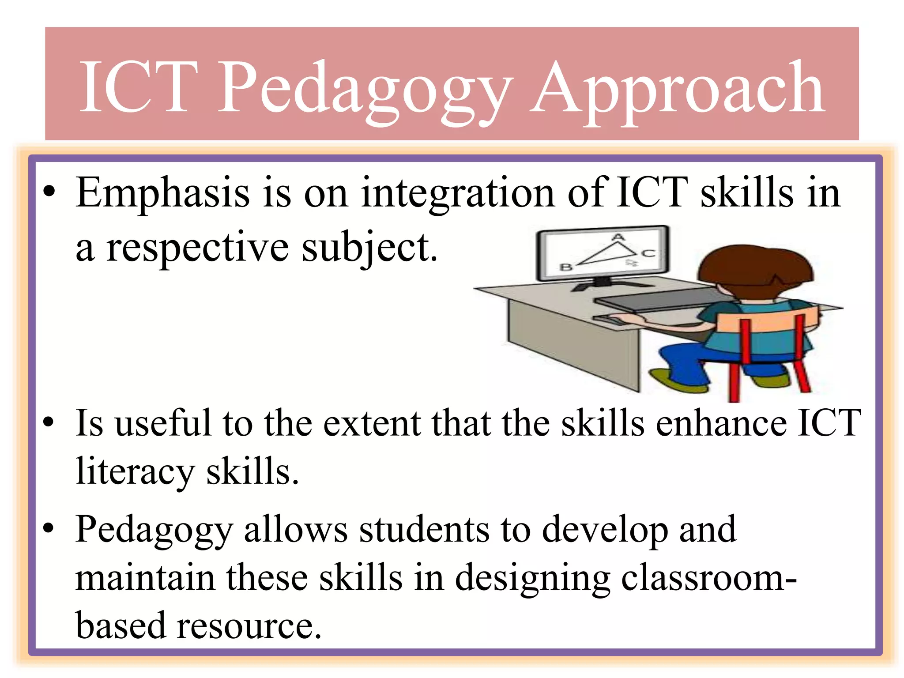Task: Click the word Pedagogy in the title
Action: [x=365, y=88]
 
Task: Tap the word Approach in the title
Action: [x=677, y=88]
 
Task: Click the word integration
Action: [x=457, y=193]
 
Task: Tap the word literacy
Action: [x=135, y=471]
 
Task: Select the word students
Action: [x=424, y=530]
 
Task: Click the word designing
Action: [x=532, y=578]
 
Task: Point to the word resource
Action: [x=249, y=626]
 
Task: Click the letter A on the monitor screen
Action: [x=618, y=237]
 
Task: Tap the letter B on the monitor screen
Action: [x=566, y=267]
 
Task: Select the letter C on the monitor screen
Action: [x=648, y=253]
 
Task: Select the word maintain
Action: [x=145, y=578]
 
